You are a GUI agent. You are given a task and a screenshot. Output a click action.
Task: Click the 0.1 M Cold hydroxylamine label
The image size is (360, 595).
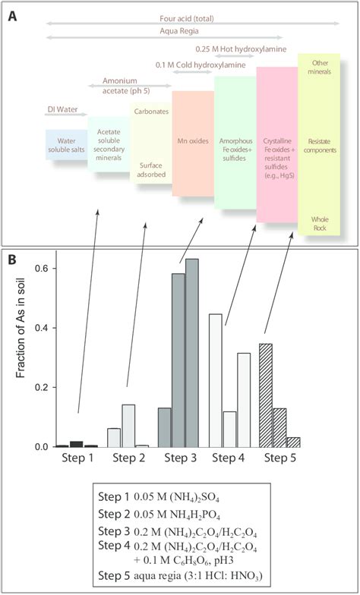pyautogui.click(x=202, y=65)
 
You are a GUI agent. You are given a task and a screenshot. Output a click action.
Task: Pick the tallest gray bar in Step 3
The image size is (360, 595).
pyautogui.click(x=191, y=352)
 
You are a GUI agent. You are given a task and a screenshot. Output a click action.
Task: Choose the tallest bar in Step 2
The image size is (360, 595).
pyautogui.click(x=128, y=425)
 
